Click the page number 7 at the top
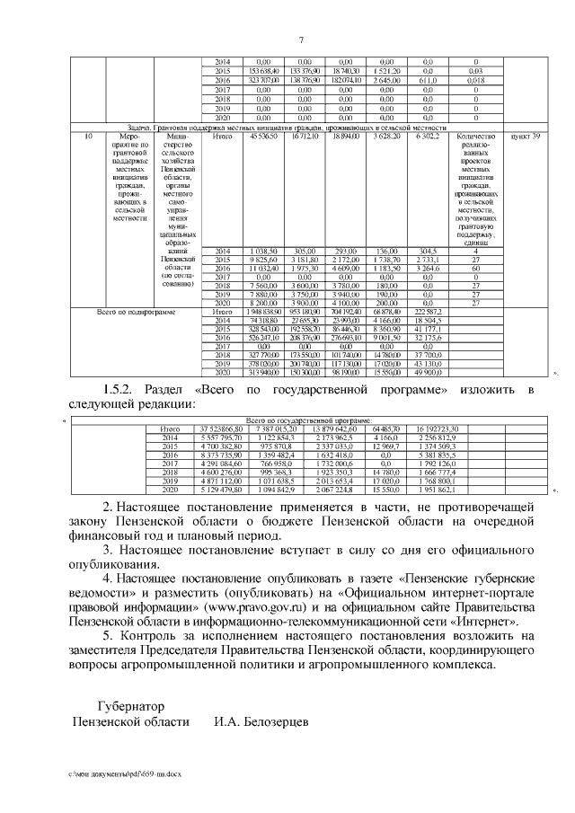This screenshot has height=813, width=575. [x=301, y=38]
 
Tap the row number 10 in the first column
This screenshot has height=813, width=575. [x=87, y=136]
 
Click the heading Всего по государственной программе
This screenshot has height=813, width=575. [x=308, y=420]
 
